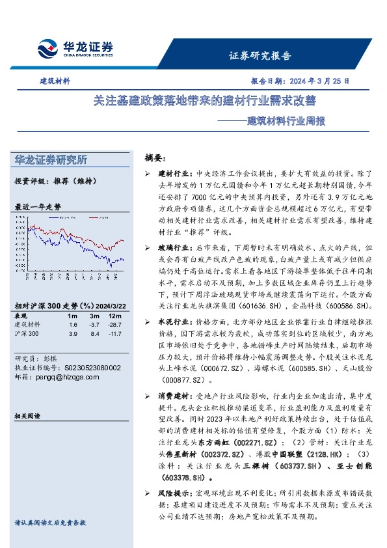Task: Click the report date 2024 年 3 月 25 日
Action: click(x=300, y=82)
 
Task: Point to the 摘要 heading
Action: click(x=155, y=158)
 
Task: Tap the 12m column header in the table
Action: click(x=116, y=315)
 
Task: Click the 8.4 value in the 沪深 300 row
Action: click(x=95, y=333)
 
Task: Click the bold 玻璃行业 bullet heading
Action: click(x=172, y=248)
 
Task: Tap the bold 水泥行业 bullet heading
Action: click(x=172, y=322)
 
